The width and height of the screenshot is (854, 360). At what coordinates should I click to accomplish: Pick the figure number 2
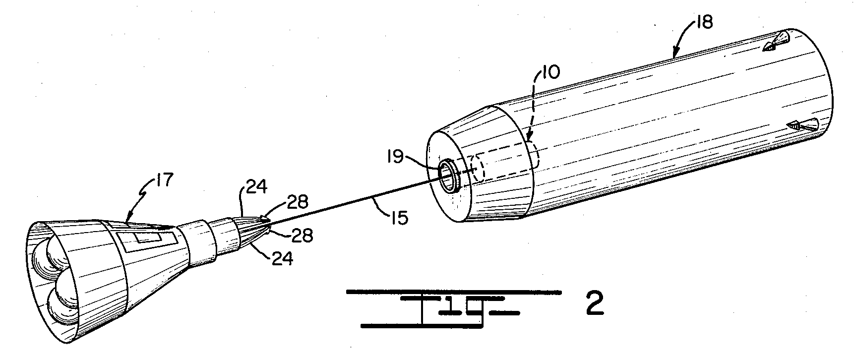tap(595, 304)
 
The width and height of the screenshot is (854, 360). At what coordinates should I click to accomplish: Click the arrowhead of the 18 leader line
tap(675, 51)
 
